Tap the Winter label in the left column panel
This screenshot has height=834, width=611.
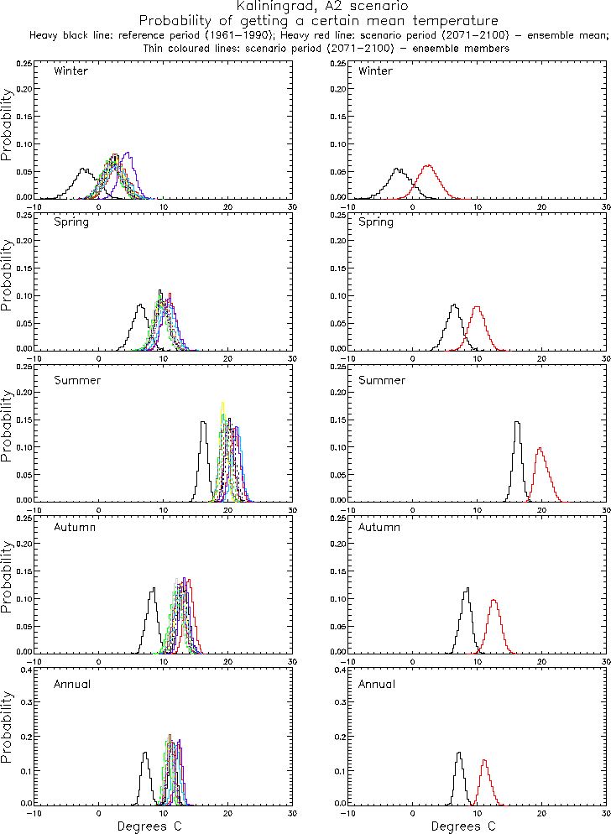pyautogui.click(x=70, y=71)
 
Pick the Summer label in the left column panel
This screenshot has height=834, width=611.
pyautogui.click(x=77, y=380)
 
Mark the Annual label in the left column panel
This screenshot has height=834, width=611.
pyautogui.click(x=74, y=685)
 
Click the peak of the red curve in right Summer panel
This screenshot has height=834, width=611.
pyautogui.click(x=540, y=448)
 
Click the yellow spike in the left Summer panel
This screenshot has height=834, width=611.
pyautogui.click(x=222, y=404)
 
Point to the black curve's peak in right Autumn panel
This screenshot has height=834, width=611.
pyautogui.click(x=467, y=589)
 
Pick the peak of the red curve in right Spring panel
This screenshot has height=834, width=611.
pyautogui.click(x=477, y=307)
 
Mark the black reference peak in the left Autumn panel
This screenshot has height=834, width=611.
pyautogui.click(x=153, y=589)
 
